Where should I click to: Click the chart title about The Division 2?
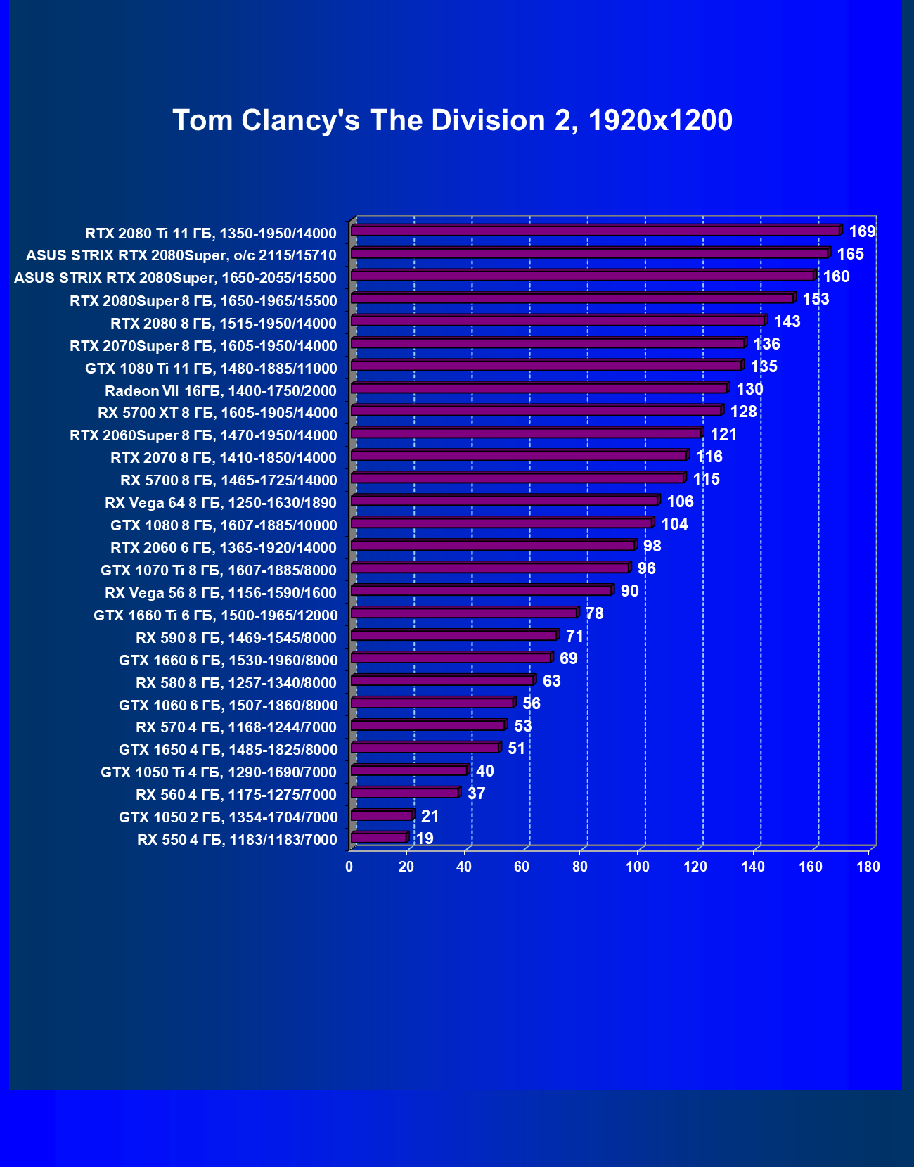point(452,120)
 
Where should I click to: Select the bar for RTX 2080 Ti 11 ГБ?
point(595,231)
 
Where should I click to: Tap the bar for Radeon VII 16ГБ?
point(539,388)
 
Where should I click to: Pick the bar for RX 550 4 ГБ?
point(378,838)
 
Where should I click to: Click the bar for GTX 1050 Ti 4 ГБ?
point(408,770)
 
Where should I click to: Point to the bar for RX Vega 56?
point(481,591)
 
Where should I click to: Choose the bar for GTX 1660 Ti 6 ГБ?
point(463,613)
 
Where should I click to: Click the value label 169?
point(862,231)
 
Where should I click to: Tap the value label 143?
point(787,321)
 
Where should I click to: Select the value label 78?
point(594,613)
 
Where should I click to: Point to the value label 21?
point(430,816)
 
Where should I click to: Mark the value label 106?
point(680,502)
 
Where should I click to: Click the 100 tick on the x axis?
point(638,867)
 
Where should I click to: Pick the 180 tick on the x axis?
point(868,867)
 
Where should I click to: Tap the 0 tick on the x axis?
point(349,867)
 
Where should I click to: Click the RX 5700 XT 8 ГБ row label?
point(218,413)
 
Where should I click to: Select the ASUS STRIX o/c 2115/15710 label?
point(181,255)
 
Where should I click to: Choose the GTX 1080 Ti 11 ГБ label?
point(211,368)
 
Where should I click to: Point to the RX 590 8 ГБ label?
point(236,638)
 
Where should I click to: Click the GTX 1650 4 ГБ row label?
point(228,750)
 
